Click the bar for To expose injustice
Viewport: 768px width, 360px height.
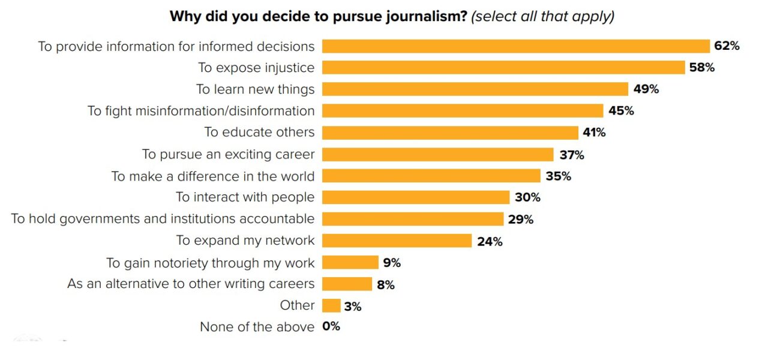pyautogui.click(x=503, y=68)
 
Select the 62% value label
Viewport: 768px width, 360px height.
pyautogui.click(x=727, y=46)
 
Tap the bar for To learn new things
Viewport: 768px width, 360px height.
pyautogui.click(x=475, y=89)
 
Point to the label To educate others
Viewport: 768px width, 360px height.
pyautogui.click(x=259, y=133)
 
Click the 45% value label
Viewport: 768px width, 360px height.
pyautogui.click(x=621, y=111)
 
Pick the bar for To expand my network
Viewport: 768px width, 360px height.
pyautogui.click(x=397, y=241)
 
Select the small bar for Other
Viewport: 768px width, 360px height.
pyautogui.click(x=331, y=306)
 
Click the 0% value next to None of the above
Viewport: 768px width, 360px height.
pyautogui.click(x=331, y=327)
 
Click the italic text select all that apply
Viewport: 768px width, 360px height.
pyautogui.click(x=542, y=16)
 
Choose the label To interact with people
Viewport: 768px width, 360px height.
pyautogui.click(x=245, y=197)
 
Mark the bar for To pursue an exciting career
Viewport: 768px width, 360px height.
pyautogui.click(x=437, y=155)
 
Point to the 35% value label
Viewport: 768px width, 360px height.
pyautogui.click(x=558, y=176)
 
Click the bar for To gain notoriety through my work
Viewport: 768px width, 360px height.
pyautogui.click(x=350, y=263)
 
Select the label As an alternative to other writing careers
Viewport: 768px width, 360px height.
pyautogui.click(x=191, y=284)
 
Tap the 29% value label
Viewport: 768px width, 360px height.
pyautogui.click(x=520, y=220)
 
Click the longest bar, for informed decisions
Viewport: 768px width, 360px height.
pyautogui.click(x=516, y=46)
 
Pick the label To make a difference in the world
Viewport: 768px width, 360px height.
pyautogui.click(x=213, y=176)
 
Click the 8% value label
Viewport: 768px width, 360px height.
pyautogui.click(x=386, y=285)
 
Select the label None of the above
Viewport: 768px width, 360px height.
pyautogui.click(x=257, y=327)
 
